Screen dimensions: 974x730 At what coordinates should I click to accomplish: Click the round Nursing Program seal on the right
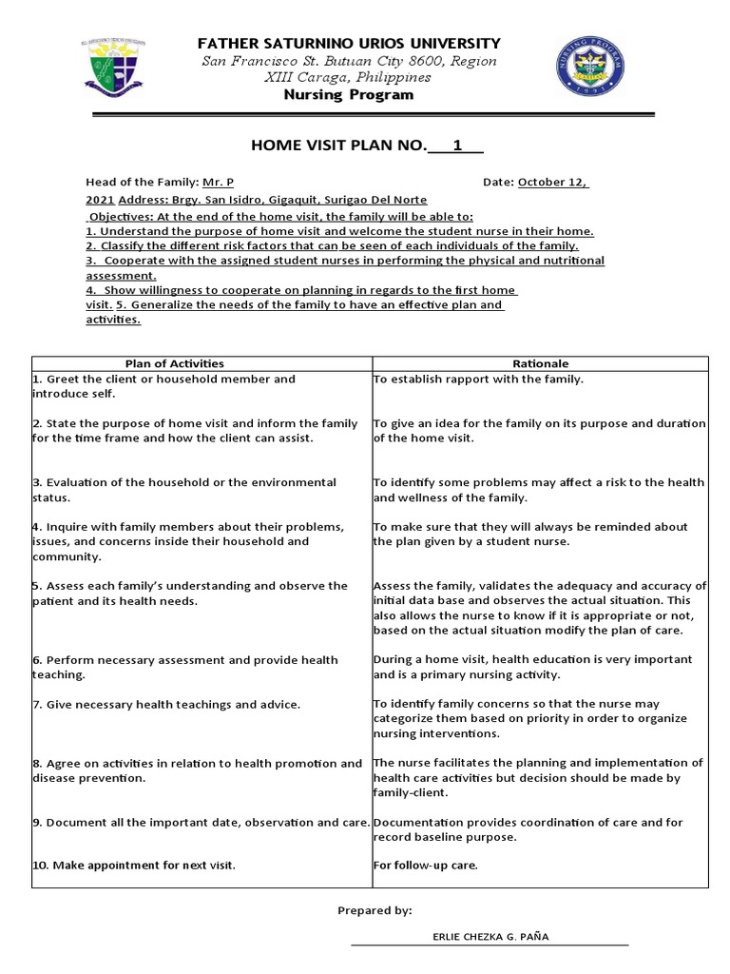[x=590, y=68]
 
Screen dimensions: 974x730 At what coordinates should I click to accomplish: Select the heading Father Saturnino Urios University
[x=347, y=44]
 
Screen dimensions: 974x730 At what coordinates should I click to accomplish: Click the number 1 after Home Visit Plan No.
[x=457, y=146]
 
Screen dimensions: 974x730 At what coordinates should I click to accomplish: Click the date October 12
[x=552, y=182]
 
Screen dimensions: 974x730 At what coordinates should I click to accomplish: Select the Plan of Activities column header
[x=175, y=363]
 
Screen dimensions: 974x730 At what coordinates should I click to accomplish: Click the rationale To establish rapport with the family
[x=477, y=380]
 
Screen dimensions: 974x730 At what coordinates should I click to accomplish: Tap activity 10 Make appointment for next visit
[x=134, y=866]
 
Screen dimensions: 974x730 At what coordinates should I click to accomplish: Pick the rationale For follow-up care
[x=425, y=866]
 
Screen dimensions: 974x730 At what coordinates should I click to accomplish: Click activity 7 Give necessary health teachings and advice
[x=166, y=704]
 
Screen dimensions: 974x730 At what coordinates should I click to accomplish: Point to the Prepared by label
[x=375, y=910]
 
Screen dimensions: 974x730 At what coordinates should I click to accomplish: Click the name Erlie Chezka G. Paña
[x=490, y=937]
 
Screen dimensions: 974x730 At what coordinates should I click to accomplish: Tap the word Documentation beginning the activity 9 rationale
[x=417, y=822]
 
